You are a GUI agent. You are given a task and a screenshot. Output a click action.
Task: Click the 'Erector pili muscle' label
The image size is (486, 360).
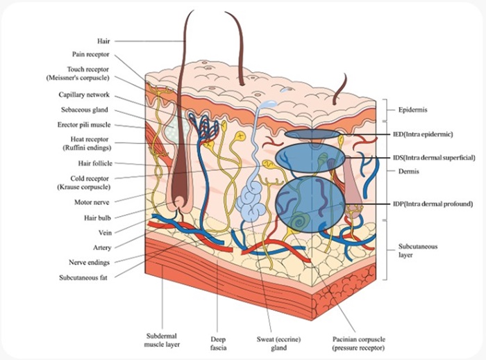point(86,125)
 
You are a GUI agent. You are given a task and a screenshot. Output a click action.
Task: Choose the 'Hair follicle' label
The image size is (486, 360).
point(96,164)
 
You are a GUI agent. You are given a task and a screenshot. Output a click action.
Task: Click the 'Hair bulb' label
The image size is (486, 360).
point(101,218)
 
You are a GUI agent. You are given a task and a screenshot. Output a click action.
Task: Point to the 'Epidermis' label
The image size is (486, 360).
point(415,110)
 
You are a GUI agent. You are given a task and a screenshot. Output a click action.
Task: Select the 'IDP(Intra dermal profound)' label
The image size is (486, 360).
point(435,202)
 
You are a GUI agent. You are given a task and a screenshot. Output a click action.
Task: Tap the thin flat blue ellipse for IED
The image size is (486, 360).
point(310,133)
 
